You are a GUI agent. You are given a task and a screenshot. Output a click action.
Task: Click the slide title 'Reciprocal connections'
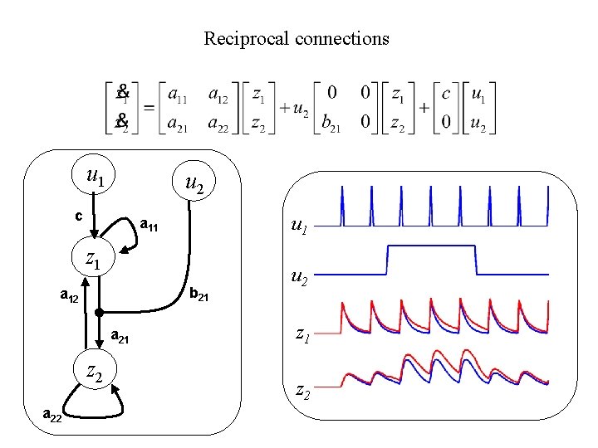tap(297, 39)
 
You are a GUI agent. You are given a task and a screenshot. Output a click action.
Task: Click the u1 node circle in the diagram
tap(95, 177)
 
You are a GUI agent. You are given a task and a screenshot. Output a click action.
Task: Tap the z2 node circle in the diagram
tap(94, 376)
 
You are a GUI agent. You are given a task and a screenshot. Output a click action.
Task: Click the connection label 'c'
tap(77, 216)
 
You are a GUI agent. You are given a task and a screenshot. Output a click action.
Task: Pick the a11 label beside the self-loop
tap(150, 223)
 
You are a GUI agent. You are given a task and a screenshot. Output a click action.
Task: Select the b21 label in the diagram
tap(199, 293)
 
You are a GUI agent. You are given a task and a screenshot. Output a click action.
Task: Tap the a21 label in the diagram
tap(121, 335)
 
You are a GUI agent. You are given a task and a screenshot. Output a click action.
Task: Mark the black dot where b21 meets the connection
tap(99, 313)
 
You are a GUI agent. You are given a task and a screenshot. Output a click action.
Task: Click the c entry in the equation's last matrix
tap(445, 95)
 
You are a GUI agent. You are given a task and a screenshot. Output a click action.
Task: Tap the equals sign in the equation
tap(149, 110)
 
